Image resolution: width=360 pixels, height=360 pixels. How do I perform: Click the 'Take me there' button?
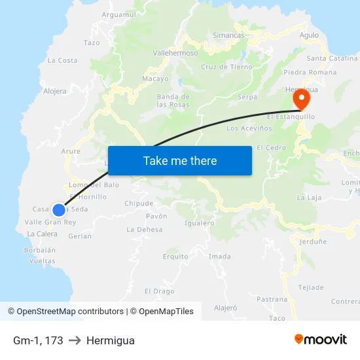pos(180,160)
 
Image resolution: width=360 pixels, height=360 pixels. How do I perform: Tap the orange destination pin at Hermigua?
pos(301,99)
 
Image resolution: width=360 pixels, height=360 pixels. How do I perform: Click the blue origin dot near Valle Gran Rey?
pos(59,209)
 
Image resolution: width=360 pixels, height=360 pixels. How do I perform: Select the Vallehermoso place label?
pos(175,53)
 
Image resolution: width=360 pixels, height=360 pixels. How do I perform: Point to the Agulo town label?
pos(309,35)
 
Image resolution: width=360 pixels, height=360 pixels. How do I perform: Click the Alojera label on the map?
pos(55,91)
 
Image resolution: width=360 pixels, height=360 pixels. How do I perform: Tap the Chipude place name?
pos(139,204)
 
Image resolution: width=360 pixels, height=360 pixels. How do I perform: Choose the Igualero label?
pos(200,223)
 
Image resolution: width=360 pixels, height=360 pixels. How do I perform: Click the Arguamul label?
pos(119,14)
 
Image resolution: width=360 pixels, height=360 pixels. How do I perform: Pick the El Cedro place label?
pos(272,148)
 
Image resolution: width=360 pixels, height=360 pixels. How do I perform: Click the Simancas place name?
pos(228,35)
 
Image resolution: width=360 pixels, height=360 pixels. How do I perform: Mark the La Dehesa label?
pos(144,229)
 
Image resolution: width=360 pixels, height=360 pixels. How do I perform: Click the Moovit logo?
pos(321,339)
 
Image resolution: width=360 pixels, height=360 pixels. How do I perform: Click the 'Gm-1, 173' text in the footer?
pos(38,340)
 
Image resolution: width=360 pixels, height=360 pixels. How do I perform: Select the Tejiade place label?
pos(311,287)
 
